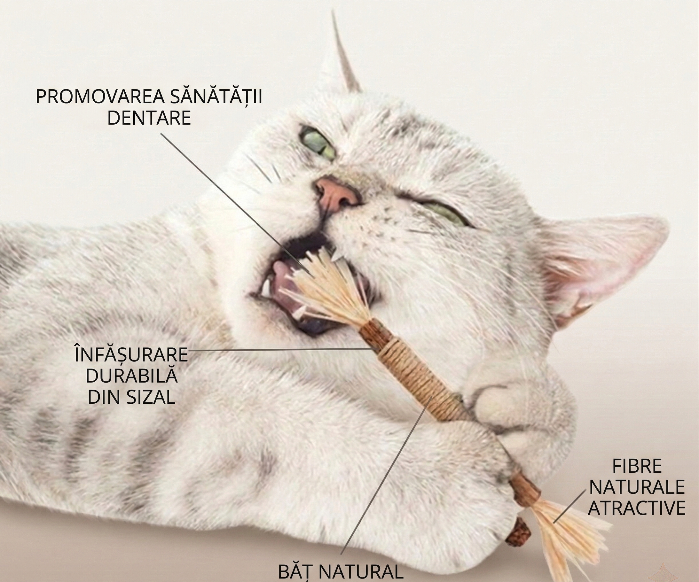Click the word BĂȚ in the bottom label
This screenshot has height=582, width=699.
tap(296, 572)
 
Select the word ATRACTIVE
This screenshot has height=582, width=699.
tap(637, 508)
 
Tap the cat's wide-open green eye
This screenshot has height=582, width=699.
tap(318, 144)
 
